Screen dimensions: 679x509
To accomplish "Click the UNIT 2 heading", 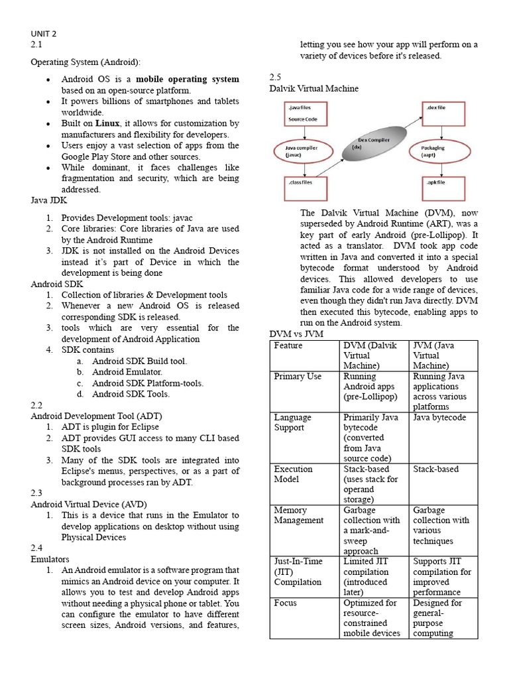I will (x=44, y=33).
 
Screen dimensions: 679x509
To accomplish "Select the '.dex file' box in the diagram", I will (x=442, y=113).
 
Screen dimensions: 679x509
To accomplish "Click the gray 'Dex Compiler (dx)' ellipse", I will (x=371, y=147).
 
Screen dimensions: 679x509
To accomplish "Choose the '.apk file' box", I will (x=442, y=189).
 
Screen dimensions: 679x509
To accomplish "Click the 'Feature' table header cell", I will (x=288, y=345).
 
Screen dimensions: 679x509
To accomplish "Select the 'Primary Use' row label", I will (x=298, y=377).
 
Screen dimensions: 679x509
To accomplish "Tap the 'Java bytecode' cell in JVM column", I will (x=439, y=418).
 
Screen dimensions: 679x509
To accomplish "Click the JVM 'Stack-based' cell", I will (x=435, y=469).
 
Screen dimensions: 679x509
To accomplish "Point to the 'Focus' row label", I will (x=286, y=603).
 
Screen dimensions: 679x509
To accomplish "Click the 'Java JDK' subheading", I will (x=49, y=200).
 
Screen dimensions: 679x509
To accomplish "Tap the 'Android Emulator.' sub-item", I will (x=127, y=372).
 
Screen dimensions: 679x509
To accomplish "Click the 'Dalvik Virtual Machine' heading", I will (x=314, y=88).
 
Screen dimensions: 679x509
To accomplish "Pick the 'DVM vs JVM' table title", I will (x=296, y=334).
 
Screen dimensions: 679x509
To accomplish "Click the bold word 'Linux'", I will (x=107, y=123).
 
